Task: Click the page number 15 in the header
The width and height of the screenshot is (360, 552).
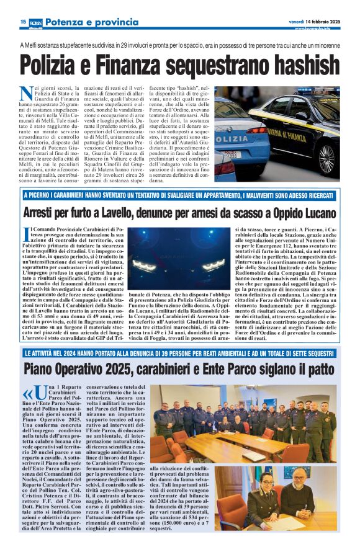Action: tap(23, 22)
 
